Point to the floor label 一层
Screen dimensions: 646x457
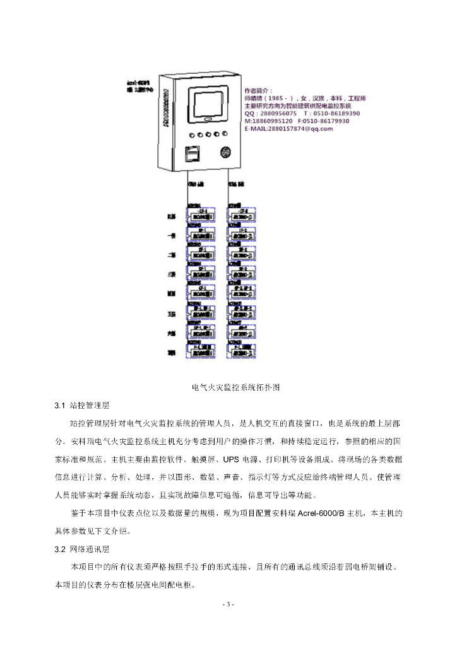[x=170, y=237]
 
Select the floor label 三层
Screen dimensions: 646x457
[x=170, y=275]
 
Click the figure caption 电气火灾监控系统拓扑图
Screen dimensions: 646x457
[x=235, y=386]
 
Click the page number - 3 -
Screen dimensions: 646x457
[x=228, y=605]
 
